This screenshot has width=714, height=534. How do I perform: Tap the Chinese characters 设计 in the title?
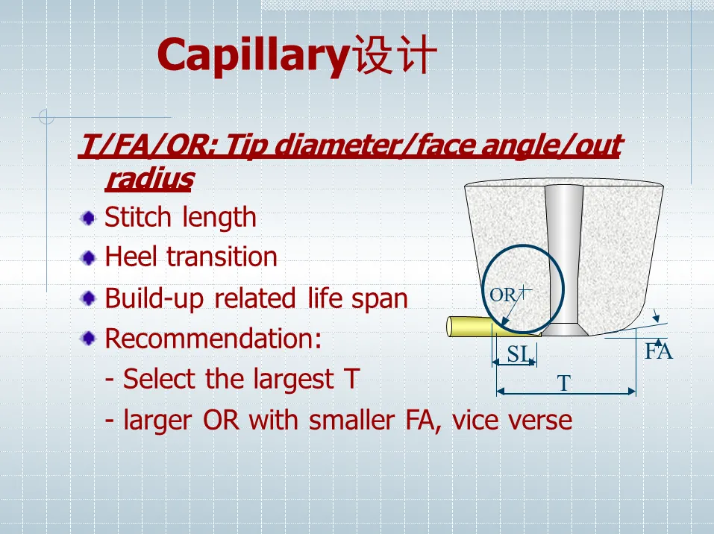[x=395, y=54]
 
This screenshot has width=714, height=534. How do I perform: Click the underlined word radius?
[x=150, y=178]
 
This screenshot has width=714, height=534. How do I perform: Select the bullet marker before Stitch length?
[x=88, y=218]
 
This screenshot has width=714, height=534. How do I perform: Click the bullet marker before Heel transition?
[x=88, y=258]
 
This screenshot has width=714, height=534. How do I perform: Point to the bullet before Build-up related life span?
[x=88, y=298]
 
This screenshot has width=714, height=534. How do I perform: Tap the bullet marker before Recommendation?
[x=88, y=339]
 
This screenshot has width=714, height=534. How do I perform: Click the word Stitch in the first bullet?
[x=137, y=217]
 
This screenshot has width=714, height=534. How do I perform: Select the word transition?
[x=222, y=257]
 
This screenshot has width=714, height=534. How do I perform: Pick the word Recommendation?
[x=213, y=339]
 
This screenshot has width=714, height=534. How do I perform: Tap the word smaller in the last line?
[x=351, y=420]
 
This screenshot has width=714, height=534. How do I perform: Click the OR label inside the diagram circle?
[x=503, y=295]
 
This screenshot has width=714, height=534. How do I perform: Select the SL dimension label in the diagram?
[x=519, y=354]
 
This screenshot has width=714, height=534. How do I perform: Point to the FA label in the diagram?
[x=659, y=351]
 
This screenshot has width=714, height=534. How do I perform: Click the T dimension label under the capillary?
[x=564, y=383]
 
